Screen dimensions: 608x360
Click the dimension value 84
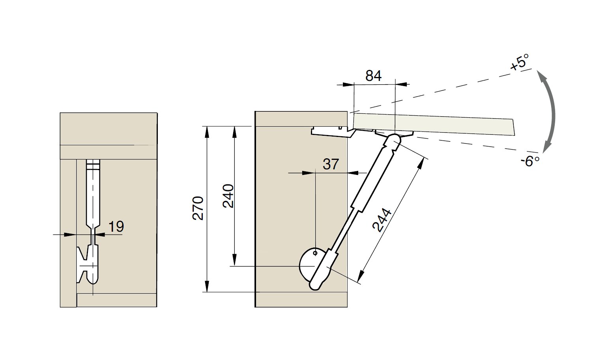(374, 76)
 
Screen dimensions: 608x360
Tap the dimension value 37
(331, 164)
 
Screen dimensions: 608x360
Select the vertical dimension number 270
(198, 208)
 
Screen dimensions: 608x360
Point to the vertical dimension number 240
(228, 196)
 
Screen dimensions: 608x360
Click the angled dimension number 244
(382, 220)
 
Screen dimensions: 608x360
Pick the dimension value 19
(116, 227)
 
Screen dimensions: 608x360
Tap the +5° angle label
(520, 63)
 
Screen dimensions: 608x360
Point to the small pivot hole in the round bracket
(315, 253)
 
